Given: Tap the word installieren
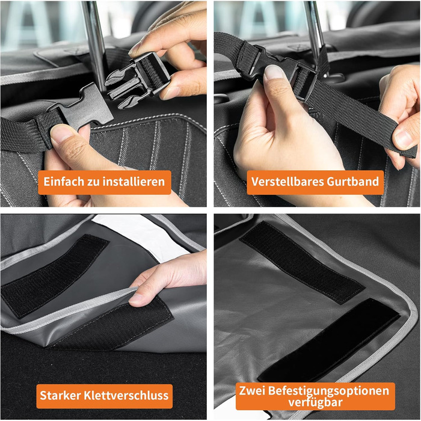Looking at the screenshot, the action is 134,182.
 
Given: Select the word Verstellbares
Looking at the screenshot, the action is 287,182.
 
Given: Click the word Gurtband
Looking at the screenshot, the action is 352,182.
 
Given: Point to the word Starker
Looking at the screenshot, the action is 60,396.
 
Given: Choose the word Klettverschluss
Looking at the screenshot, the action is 126,396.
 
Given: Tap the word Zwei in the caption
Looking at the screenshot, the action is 252,391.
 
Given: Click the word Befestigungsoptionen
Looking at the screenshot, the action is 328,392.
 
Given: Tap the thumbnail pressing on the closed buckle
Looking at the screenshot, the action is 273,72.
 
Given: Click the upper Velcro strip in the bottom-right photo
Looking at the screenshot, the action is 302,262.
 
